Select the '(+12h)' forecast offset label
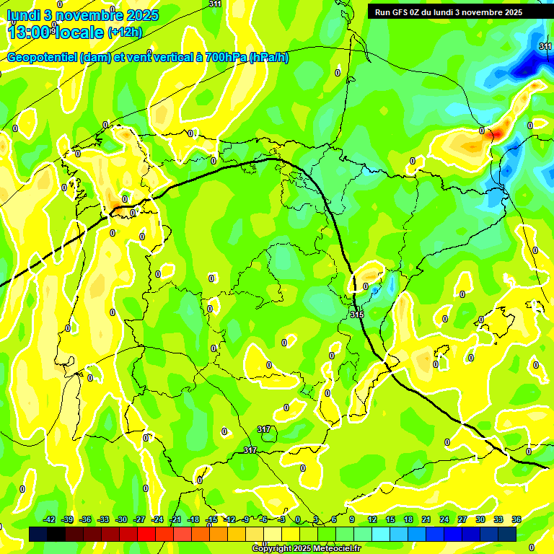click(x=125, y=32)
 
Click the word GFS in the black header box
click(x=403, y=12)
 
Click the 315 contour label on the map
click(x=357, y=315)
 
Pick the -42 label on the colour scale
click(x=50, y=519)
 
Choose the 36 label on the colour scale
click(x=516, y=519)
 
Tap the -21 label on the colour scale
click(x=175, y=519)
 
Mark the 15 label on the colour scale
click(x=390, y=519)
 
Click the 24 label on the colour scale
click(x=444, y=519)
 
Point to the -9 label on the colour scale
click(x=245, y=519)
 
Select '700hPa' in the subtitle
click(x=225, y=58)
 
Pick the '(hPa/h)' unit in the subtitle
click(x=269, y=58)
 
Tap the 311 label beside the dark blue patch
click(x=545, y=46)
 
